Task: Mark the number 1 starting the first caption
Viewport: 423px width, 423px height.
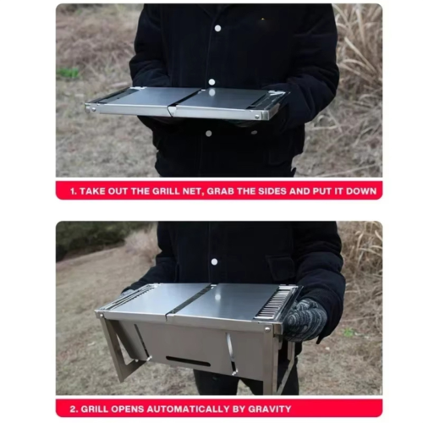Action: click(x=73, y=191)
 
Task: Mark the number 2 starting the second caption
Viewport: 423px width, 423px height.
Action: click(x=74, y=409)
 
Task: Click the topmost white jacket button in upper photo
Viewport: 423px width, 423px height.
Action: click(x=217, y=28)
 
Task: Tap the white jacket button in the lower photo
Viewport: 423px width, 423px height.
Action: click(x=214, y=261)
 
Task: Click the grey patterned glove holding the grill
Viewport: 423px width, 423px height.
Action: click(x=305, y=320)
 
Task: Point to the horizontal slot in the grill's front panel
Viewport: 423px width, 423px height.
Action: click(x=189, y=361)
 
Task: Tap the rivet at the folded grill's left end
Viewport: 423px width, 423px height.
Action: click(x=93, y=108)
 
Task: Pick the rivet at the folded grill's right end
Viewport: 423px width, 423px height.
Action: click(x=257, y=116)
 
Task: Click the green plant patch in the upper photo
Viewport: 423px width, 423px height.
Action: click(x=68, y=74)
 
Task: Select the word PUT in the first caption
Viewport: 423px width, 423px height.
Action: click(x=322, y=191)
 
